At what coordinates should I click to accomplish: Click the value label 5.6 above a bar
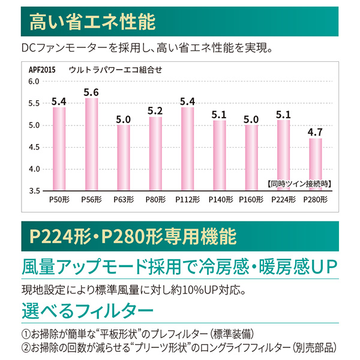pyautogui.click(x=91, y=92)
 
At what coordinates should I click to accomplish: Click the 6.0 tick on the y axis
pyautogui.click(x=34, y=81)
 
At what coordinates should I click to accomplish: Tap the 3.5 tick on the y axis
pyautogui.click(x=34, y=191)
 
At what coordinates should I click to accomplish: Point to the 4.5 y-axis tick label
pyautogui.click(x=34, y=147)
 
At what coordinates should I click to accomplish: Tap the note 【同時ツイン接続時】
pyautogui.click(x=298, y=182)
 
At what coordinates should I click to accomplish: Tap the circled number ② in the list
pyautogui.click(x=25, y=347)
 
